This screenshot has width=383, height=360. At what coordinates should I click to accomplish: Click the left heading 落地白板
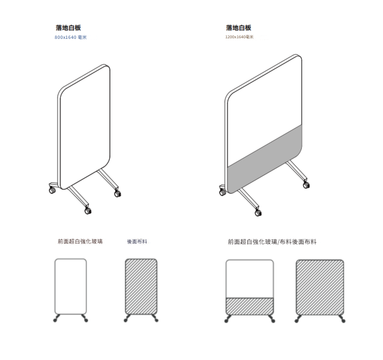coord(68,28)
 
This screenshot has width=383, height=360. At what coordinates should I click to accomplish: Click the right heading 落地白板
coord(238,28)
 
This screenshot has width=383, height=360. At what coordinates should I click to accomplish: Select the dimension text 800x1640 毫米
coord(70,37)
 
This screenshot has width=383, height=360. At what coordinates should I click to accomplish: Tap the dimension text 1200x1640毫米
coord(239,37)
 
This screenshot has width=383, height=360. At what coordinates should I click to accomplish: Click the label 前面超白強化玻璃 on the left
coord(80,242)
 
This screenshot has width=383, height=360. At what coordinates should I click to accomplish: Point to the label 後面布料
coord(137,242)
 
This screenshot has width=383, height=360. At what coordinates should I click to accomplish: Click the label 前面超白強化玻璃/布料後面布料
coord(272,242)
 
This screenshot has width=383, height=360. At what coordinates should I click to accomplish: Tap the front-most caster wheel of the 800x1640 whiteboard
coord(88,211)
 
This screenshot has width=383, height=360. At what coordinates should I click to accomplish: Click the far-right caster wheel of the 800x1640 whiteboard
coord(118,194)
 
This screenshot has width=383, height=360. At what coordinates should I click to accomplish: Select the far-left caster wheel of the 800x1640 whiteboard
coord(52,190)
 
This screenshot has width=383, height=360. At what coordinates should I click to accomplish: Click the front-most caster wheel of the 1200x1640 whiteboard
coord(258,213)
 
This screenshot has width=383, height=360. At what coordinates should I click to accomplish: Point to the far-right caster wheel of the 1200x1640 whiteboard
coord(306,185)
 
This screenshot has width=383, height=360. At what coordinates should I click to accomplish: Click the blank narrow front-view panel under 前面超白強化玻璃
coord(70,286)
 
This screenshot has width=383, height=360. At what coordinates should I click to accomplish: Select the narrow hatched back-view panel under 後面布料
coord(141,286)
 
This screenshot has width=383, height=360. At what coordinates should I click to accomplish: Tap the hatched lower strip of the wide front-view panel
coord(250,306)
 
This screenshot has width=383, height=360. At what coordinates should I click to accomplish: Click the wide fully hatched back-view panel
coord(320,287)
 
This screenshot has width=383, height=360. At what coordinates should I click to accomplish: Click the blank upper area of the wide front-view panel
coord(250,279)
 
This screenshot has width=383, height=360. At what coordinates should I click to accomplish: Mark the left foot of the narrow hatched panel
coord(128,318)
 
